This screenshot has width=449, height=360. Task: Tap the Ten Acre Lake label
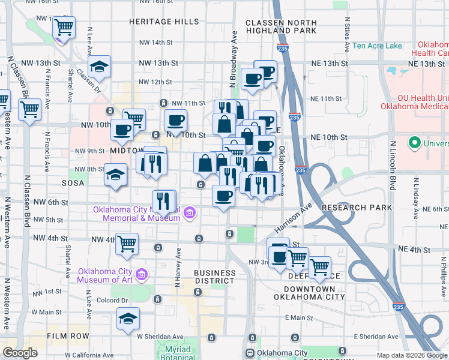tap(378, 46)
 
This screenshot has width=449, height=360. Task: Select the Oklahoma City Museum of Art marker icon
tap(142, 275)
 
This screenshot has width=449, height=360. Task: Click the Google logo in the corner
tap(20, 353)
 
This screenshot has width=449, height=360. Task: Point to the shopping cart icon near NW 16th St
tap(64, 27)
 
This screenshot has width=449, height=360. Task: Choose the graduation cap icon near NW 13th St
tap(100, 66)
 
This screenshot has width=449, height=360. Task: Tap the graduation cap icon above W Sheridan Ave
tap(128, 319)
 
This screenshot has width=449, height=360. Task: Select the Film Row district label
tap(68, 336)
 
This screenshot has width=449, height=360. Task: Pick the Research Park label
tap(357, 208)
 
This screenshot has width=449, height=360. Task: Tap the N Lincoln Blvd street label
tap(394, 165)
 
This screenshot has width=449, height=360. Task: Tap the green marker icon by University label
tap(414, 143)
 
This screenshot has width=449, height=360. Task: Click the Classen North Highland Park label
tap(281, 26)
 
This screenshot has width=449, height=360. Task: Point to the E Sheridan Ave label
tap(376, 337)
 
